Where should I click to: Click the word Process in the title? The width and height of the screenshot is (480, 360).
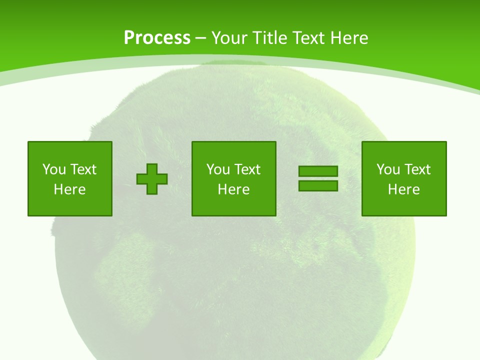click(x=157, y=38)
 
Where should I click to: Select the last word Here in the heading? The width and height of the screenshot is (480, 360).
click(x=349, y=38)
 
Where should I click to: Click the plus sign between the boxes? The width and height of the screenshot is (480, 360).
click(x=152, y=179)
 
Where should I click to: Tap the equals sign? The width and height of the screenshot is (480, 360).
click(x=318, y=178)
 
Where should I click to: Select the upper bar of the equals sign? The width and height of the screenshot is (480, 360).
click(x=318, y=171)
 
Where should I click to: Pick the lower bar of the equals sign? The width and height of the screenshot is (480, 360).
click(x=318, y=185)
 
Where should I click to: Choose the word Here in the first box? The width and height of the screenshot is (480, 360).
click(x=70, y=189)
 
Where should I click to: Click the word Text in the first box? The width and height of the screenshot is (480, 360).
click(x=83, y=169)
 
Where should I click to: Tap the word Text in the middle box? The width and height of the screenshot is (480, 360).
click(x=247, y=169)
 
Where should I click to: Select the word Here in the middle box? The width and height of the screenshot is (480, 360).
click(x=234, y=189)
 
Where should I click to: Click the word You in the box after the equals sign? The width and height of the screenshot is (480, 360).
click(x=388, y=169)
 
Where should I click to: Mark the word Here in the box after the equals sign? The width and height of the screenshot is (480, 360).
click(x=404, y=189)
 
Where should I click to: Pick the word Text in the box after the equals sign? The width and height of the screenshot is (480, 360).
click(x=417, y=169)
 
